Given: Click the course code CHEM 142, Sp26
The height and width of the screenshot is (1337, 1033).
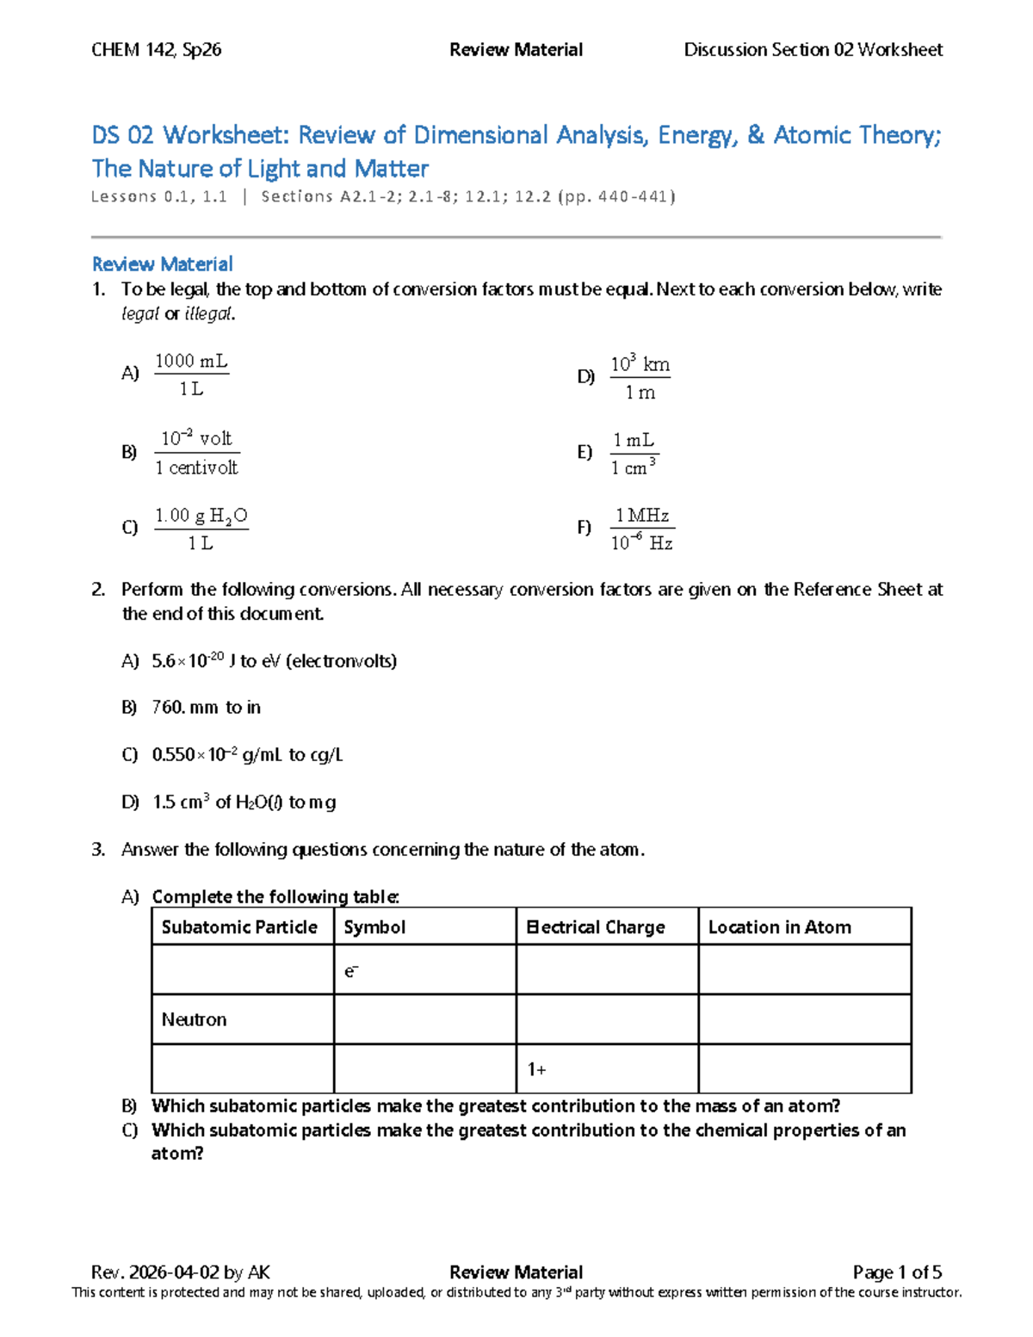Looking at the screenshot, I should [x=156, y=50].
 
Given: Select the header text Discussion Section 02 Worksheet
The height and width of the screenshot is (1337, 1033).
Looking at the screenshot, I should [x=813, y=50].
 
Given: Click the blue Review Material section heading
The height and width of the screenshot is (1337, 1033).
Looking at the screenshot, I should [x=162, y=264].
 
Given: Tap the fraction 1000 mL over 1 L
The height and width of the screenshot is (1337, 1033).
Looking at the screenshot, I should [x=191, y=374].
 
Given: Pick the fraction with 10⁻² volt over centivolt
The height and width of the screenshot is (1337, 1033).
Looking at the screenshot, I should [x=196, y=453].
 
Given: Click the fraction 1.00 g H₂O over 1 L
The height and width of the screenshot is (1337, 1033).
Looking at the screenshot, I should [x=201, y=529].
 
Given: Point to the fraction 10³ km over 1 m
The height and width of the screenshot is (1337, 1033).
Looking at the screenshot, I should [x=640, y=378].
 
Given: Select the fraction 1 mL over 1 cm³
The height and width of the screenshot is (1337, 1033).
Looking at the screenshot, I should [x=634, y=454].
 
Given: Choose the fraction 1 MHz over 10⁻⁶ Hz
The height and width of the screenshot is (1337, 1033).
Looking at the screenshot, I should [x=642, y=529].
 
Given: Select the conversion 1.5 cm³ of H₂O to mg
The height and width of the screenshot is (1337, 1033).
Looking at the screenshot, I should [x=244, y=802].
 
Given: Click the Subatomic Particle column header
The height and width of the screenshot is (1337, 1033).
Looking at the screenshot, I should [x=239, y=927].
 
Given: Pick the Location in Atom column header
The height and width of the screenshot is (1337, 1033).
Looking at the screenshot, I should [x=779, y=927].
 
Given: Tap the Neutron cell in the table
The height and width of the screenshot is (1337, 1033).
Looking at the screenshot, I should [x=195, y=1020].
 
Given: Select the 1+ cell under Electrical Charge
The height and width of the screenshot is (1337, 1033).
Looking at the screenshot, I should [x=536, y=1069].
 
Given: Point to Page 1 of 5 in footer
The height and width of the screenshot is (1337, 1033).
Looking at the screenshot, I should [x=897, y=1272].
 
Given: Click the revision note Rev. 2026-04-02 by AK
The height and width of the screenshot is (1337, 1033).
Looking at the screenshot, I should [x=181, y=1272].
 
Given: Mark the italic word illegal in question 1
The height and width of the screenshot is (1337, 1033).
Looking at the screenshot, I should [x=208, y=314].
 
